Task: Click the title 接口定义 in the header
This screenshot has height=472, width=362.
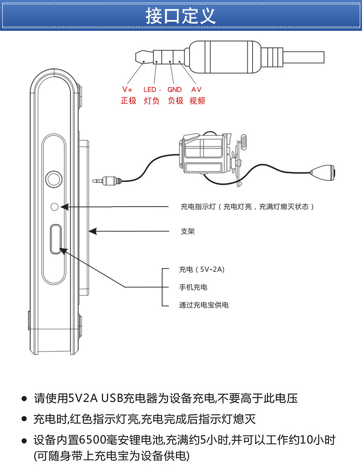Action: (x=181, y=16)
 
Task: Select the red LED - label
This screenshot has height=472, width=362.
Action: (x=152, y=89)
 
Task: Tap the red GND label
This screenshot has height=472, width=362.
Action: (x=175, y=89)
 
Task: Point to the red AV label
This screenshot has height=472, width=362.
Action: (x=196, y=89)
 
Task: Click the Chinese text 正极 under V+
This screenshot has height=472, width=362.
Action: (x=128, y=101)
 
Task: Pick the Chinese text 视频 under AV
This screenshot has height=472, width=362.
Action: (x=197, y=101)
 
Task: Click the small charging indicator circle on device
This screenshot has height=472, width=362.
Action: (x=55, y=207)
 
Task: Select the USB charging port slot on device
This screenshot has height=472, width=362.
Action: (x=56, y=238)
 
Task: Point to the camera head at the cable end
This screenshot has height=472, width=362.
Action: (x=324, y=171)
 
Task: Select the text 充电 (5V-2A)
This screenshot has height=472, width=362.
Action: (x=201, y=270)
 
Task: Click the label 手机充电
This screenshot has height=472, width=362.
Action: (x=193, y=287)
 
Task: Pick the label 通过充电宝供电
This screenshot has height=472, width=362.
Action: (x=204, y=305)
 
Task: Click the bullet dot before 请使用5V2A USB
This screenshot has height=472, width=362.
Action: (x=24, y=399)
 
